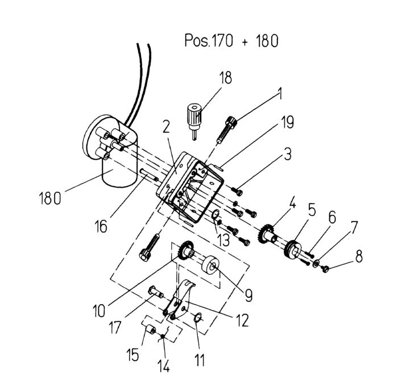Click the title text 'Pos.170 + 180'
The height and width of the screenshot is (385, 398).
231,40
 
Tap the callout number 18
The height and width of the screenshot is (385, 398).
225,78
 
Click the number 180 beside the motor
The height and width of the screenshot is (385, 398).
50,198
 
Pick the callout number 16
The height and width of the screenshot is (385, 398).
101,226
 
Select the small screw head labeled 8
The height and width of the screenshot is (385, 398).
325,268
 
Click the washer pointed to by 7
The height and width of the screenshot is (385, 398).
316,263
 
